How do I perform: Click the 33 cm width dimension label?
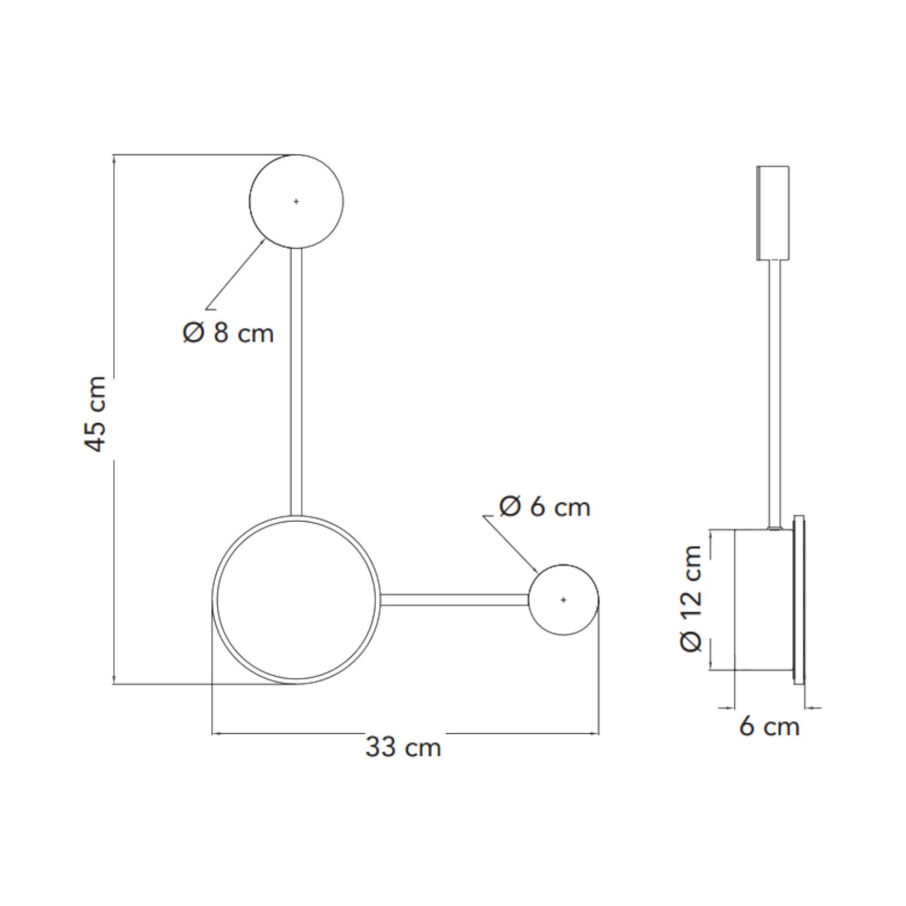pyautogui.click(x=403, y=747)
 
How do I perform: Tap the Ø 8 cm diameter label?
pyautogui.click(x=228, y=333)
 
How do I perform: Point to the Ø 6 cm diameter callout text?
pyautogui.click(x=545, y=507)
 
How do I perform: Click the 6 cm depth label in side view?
pyautogui.click(x=769, y=726)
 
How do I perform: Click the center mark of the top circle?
pyautogui.click(x=296, y=201)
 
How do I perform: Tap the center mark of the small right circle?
pyautogui.click(x=563, y=600)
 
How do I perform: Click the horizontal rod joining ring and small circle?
pyautogui.click(x=455, y=600)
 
